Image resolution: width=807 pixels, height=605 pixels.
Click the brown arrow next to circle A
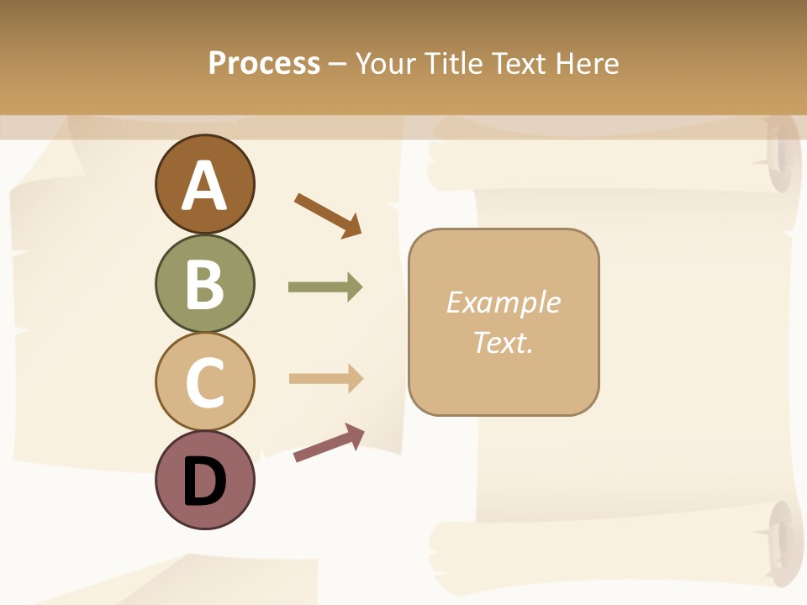click(328, 215)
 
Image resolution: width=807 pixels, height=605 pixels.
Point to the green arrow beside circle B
click(325, 287)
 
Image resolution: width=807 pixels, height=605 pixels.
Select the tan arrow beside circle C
click(325, 378)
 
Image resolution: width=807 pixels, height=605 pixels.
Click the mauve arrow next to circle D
click(329, 443)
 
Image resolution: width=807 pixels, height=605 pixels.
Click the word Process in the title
click(264, 63)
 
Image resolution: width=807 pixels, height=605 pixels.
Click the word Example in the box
click(503, 302)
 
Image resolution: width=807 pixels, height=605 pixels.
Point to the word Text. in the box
click(503, 342)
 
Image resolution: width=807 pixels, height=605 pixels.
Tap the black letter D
click(205, 481)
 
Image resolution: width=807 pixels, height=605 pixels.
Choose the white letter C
click(205, 382)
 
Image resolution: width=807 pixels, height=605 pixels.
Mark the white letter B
click(205, 284)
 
